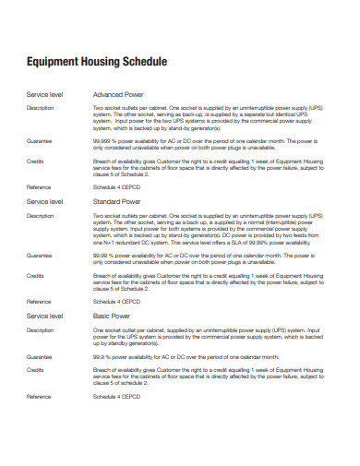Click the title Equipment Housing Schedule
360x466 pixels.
[x=96, y=62]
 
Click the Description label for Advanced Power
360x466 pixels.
[x=41, y=109]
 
